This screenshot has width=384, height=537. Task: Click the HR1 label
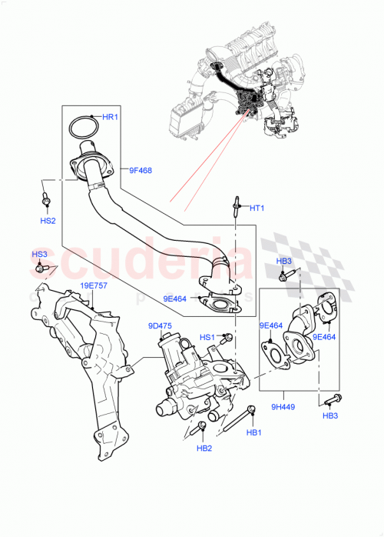(x=110, y=117)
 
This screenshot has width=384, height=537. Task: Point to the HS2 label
(x=47, y=221)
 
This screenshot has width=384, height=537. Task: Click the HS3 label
(x=39, y=255)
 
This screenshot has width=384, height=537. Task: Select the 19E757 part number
(x=93, y=285)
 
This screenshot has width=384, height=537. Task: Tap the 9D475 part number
(x=160, y=325)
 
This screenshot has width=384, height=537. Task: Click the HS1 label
(x=207, y=337)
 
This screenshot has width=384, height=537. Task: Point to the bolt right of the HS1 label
(x=227, y=337)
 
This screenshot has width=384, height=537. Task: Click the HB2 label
(x=204, y=448)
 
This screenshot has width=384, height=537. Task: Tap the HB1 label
(x=254, y=432)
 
